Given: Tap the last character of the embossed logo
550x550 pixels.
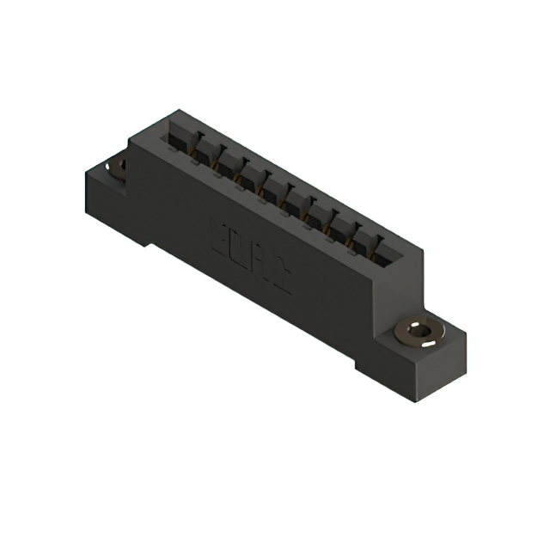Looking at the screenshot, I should click(280, 270).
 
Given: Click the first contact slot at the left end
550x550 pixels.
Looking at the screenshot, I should click(181, 137).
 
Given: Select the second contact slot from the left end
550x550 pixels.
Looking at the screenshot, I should click(205, 150).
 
